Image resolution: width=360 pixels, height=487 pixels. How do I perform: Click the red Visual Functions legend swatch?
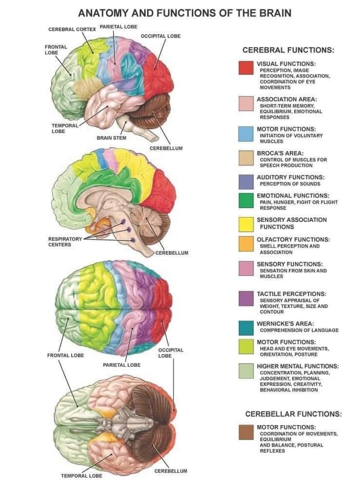246,68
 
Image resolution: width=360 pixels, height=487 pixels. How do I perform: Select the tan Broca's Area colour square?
246,158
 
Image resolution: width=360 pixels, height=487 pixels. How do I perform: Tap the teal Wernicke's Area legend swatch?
246,328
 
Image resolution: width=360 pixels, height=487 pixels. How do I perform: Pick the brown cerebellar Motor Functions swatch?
246,432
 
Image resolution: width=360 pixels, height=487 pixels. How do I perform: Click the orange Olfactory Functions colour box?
246,244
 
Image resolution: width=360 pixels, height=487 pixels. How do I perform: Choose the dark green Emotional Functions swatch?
246,200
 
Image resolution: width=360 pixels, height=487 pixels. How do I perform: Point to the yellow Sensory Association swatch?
246,224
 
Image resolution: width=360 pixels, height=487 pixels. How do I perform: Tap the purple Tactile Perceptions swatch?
246,298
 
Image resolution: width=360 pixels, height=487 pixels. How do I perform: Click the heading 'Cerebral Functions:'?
288,50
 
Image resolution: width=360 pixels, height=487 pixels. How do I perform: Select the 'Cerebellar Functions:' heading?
293,414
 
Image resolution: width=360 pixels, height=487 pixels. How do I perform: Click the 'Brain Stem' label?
112,137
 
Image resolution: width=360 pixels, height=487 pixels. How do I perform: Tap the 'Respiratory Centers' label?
65,242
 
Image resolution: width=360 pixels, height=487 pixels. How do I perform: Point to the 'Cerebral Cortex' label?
72,29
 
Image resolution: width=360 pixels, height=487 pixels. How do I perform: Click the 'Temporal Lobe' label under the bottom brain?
81,475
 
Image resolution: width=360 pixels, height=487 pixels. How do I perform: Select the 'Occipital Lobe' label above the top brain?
160,36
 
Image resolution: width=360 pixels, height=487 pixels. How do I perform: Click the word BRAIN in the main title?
275,13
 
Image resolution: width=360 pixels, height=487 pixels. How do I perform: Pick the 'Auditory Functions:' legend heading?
290,177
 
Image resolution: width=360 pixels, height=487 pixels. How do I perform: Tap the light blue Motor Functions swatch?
246,134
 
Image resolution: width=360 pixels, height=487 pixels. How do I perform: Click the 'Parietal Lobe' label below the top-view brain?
122,365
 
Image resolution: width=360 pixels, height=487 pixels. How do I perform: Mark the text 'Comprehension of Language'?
299,330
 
